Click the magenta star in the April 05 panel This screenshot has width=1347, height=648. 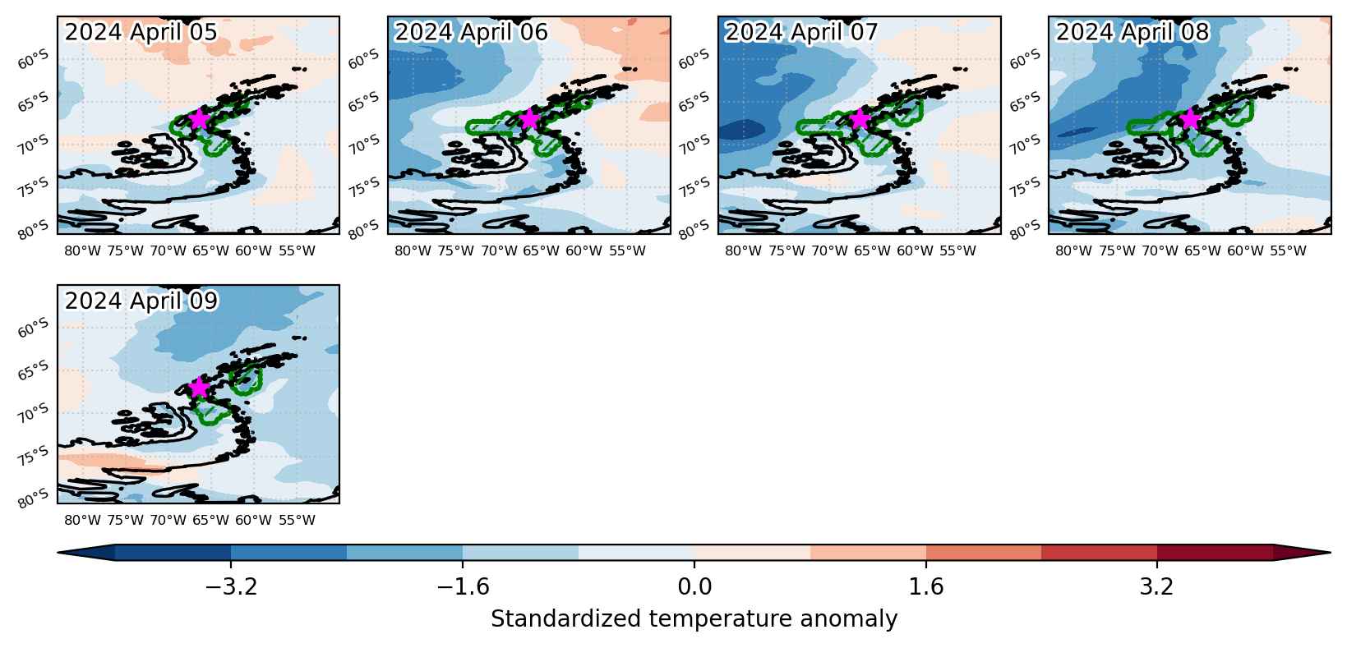click(198, 120)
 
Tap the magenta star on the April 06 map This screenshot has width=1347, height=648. click(529, 119)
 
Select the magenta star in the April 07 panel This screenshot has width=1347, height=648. click(860, 119)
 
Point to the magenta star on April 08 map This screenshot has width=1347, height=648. click(1190, 119)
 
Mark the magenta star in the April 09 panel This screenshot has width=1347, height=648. click(198, 388)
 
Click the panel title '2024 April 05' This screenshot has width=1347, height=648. click(141, 32)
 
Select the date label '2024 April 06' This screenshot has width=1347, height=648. click(471, 32)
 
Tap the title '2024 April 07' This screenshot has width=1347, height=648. click(801, 32)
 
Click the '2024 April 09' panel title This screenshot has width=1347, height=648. click(141, 301)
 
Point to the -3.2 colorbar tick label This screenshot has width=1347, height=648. click(231, 586)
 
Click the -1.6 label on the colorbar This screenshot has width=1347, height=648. click(463, 586)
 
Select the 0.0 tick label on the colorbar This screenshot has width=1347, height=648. click(694, 586)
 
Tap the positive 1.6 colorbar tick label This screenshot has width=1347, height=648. click(926, 586)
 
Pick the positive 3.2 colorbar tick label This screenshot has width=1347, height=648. click(1157, 586)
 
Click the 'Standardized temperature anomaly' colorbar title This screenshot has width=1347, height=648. click(694, 619)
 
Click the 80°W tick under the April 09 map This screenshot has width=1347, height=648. click(82, 520)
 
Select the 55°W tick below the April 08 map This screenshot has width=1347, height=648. click(1288, 250)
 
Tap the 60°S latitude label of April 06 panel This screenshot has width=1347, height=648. click(364, 59)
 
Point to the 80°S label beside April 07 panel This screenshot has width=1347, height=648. click(694, 230)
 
